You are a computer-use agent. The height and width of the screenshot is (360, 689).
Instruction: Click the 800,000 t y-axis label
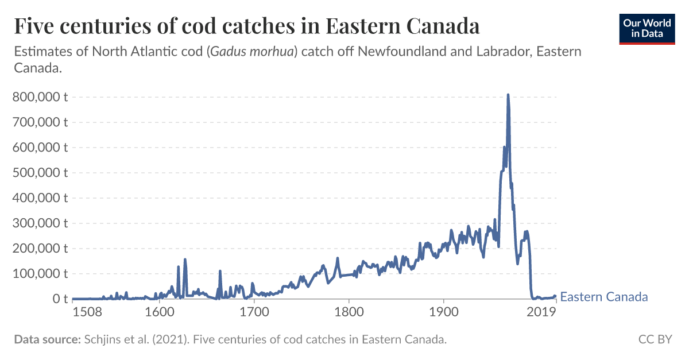pos(40,97)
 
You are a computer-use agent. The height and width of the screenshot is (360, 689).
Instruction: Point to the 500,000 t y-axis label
pos(40,173)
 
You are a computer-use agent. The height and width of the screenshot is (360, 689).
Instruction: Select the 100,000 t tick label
pos(40,274)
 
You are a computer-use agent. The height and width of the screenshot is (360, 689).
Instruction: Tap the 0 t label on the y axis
pos(61,299)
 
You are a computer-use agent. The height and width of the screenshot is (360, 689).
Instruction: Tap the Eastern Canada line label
pos(603,297)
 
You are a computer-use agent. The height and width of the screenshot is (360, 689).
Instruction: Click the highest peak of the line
pos(508,95)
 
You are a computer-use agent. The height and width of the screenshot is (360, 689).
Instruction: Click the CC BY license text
pos(655,339)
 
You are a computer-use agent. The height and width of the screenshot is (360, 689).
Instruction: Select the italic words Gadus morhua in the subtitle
pos(253,52)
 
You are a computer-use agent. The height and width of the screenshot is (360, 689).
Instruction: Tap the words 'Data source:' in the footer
pos(47,339)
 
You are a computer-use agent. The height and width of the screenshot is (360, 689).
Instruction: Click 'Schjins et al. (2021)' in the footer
pos(135,339)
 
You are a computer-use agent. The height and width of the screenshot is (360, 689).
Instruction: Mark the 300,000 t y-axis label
pos(40,223)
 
